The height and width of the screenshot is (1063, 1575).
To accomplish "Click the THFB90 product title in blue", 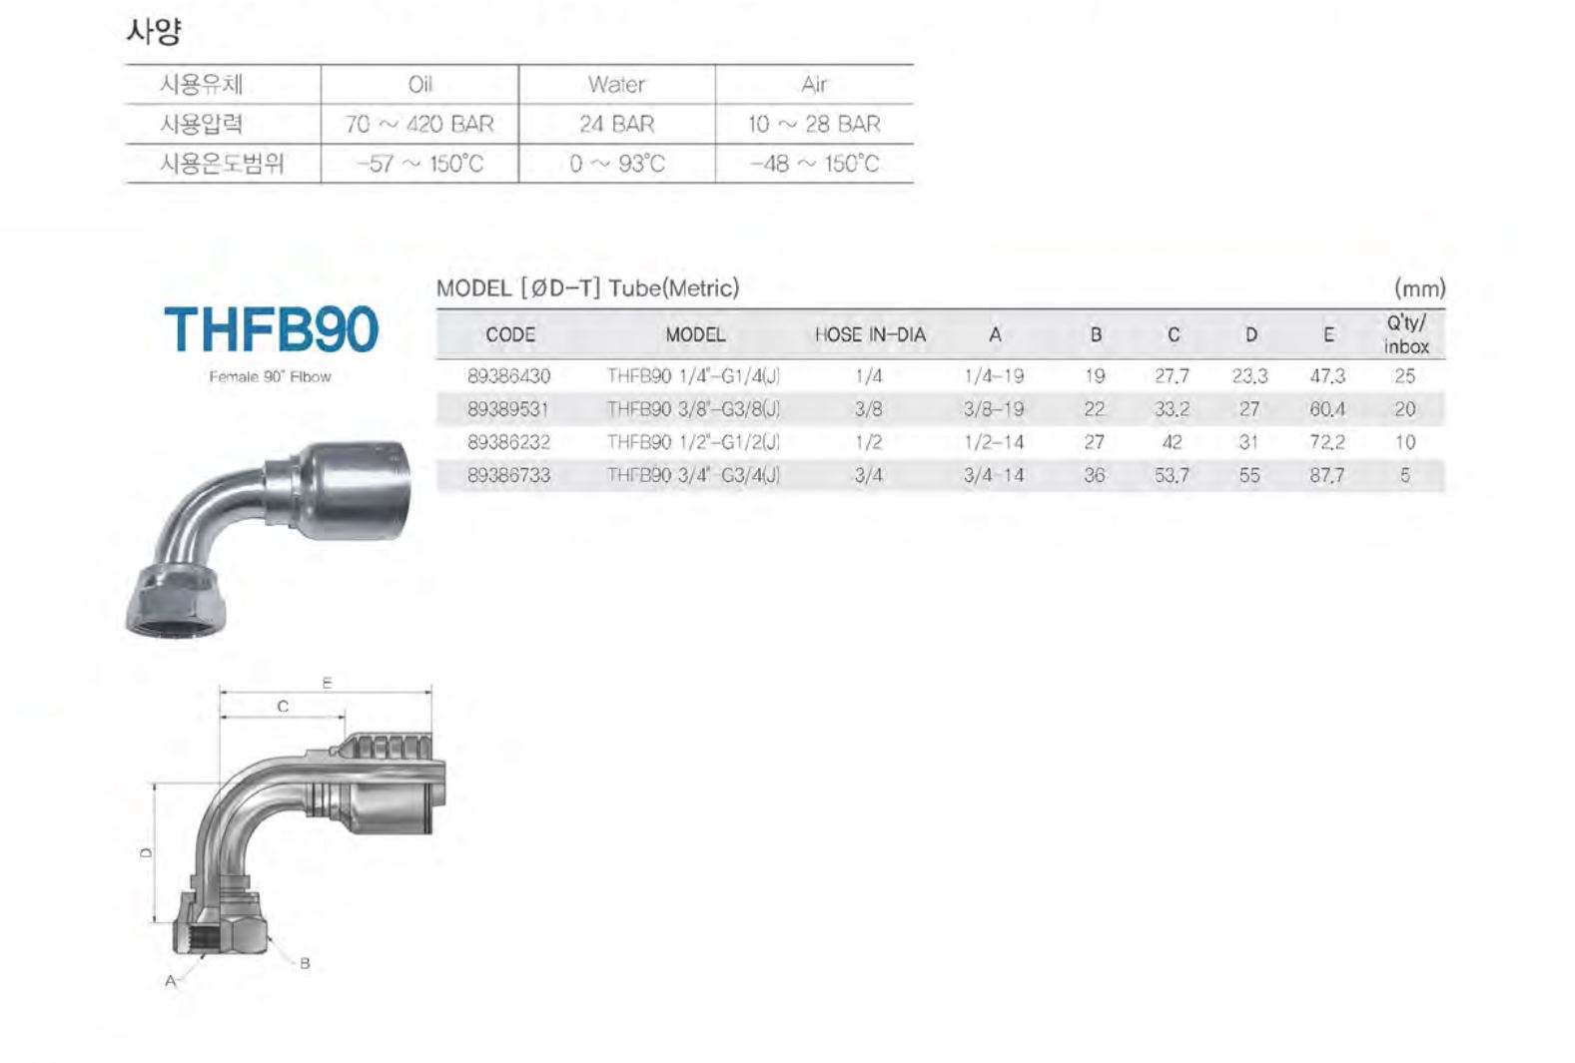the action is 272,329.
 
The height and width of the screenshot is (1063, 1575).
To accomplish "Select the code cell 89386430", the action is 509,376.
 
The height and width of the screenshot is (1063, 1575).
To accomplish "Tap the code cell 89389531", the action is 508,409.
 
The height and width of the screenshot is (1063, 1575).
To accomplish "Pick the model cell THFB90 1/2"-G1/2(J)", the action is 694,442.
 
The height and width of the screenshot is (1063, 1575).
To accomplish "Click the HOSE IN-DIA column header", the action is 870,335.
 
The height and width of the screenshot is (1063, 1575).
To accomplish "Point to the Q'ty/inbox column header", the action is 1406,335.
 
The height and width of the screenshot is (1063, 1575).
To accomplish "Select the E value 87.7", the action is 1326,476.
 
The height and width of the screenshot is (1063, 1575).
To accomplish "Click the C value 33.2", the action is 1173,409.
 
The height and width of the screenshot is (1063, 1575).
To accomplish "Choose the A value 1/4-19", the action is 994,376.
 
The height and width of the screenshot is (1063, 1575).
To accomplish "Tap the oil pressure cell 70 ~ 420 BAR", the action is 419,125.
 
